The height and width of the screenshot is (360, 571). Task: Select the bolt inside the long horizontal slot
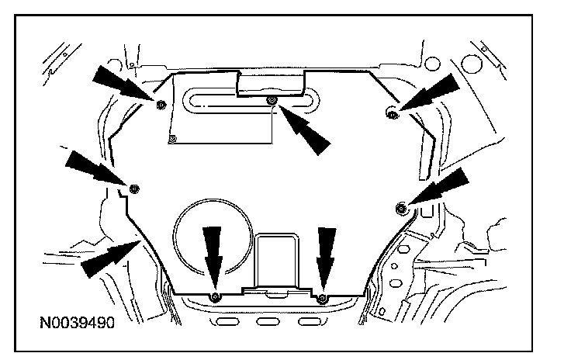click(x=272, y=102)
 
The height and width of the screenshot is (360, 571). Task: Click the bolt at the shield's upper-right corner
click(x=392, y=114)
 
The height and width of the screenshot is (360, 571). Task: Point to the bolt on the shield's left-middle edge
click(x=135, y=188)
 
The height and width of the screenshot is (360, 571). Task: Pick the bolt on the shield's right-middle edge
click(x=402, y=207)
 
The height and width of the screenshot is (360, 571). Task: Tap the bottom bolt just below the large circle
click(x=216, y=297)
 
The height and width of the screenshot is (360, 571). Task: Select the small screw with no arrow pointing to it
click(x=173, y=138)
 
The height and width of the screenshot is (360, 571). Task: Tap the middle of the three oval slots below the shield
click(x=267, y=321)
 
